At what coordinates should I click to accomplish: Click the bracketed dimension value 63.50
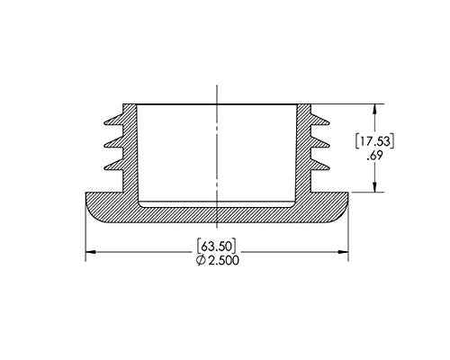pyautogui.click(x=217, y=244)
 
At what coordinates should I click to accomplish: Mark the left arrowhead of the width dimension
pyautogui.click(x=89, y=251)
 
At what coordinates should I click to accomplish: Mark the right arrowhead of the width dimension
pyautogui.click(x=345, y=251)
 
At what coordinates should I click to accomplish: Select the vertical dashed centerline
pyautogui.click(x=217, y=153)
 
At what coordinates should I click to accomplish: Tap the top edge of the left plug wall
pyautogui.click(x=130, y=103)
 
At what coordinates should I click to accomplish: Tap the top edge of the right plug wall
pyautogui.click(x=303, y=103)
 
